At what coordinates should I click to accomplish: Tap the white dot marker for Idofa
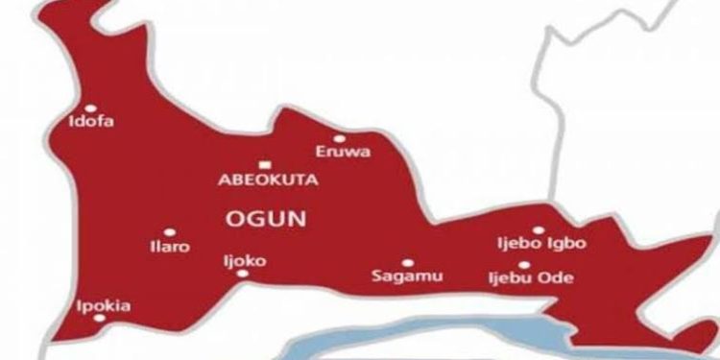91,108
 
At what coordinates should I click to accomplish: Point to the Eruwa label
343,152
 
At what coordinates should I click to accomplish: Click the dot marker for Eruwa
339,137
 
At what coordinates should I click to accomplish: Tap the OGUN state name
265,219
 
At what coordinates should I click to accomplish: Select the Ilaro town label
171,247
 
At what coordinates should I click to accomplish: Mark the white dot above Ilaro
169,231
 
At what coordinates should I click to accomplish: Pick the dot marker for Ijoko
241,274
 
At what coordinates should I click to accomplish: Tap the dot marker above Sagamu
407,262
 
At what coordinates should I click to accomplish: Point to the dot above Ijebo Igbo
539,229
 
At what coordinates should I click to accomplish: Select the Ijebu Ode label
530,278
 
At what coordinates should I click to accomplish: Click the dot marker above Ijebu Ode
524,264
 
